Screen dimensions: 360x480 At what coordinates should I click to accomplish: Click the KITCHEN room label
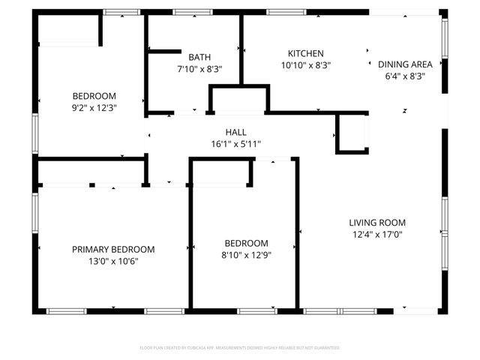tap(306, 54)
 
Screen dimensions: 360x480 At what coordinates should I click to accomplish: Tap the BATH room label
tap(199, 57)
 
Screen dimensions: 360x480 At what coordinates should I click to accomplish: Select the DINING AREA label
tap(405, 64)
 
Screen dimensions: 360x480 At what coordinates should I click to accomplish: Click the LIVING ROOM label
tap(377, 223)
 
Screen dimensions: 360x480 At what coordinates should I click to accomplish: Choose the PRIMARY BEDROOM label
tap(113, 250)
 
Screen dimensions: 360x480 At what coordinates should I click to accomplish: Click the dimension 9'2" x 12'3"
tap(94, 107)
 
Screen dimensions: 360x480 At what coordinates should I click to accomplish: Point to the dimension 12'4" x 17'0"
tap(377, 234)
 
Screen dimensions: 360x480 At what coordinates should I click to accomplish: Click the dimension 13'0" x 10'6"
tap(113, 261)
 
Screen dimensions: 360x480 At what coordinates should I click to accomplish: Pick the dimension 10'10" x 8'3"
tap(306, 65)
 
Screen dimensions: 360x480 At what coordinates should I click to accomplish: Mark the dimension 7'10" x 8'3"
tap(199, 68)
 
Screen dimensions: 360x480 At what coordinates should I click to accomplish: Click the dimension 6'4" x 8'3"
tap(405, 76)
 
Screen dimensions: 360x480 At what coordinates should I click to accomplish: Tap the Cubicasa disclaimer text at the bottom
tap(240, 348)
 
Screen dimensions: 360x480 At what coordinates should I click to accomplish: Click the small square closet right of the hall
tap(351, 133)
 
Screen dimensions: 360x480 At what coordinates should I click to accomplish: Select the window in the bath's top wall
tap(193, 12)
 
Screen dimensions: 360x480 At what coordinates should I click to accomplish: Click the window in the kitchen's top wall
tap(281, 12)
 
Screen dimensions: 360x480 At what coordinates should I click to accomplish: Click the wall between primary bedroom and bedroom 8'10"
tap(190, 247)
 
